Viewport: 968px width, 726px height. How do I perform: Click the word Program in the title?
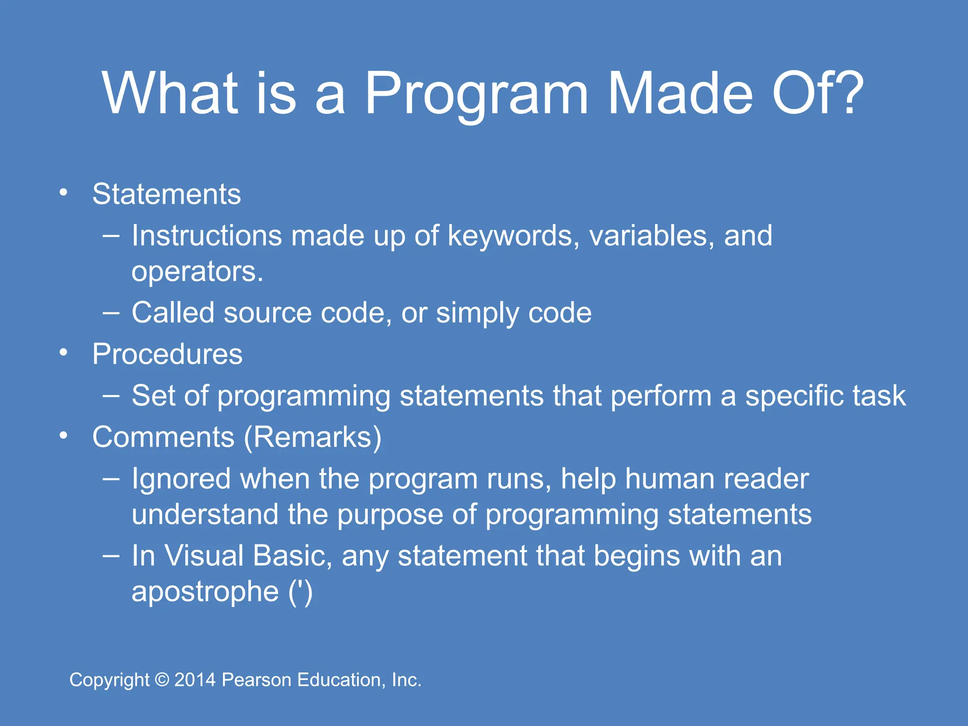click(476, 94)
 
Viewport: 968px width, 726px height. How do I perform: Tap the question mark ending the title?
click(844, 93)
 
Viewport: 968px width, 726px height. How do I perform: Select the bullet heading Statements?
click(166, 194)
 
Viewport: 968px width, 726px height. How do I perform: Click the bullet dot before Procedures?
click(64, 353)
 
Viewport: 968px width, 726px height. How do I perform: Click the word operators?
click(197, 272)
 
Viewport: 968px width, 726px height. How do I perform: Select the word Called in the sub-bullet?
click(173, 313)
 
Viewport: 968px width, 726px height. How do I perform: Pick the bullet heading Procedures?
click(167, 354)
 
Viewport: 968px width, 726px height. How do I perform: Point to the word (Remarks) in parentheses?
click(312, 437)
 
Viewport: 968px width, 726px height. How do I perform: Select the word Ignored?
click(181, 479)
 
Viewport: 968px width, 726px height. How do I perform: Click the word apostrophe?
click(205, 592)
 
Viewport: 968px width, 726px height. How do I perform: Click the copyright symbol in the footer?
click(162, 680)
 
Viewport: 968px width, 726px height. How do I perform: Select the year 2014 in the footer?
click(195, 680)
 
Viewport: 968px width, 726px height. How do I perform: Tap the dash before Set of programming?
click(111, 395)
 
